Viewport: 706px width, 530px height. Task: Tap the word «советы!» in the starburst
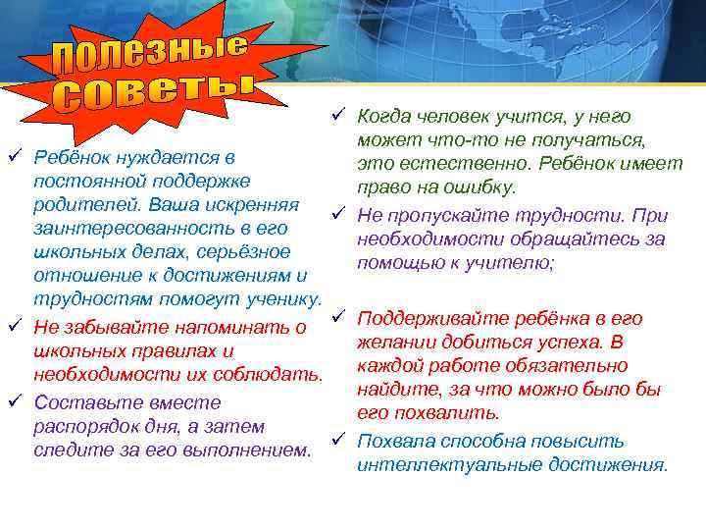click(152, 92)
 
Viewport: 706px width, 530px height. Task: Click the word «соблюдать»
click(273, 375)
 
